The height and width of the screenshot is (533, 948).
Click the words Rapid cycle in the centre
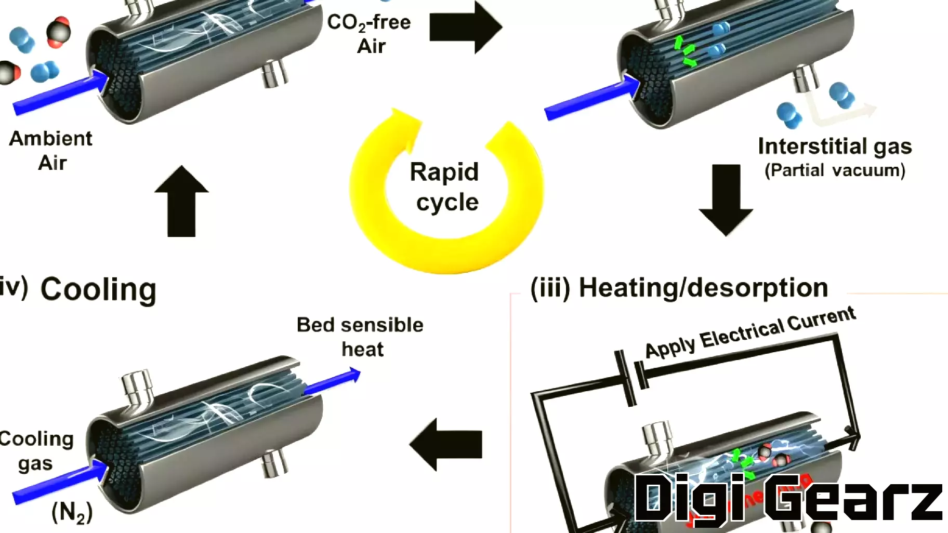[445, 187]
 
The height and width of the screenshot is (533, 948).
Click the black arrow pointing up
[181, 201]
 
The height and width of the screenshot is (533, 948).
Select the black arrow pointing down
[726, 200]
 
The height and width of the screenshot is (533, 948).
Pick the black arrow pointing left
[445, 445]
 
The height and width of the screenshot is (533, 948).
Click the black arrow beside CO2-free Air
[465, 27]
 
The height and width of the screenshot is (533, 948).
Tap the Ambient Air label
[51, 151]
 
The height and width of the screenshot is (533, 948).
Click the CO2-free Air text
[369, 34]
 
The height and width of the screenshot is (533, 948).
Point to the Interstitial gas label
[835, 146]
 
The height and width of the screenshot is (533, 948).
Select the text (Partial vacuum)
[835, 170]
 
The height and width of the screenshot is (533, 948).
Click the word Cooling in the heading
[99, 289]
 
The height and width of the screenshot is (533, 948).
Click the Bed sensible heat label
[360, 337]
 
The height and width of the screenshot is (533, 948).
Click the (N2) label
[72, 512]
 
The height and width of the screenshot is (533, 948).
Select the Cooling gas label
[36, 450]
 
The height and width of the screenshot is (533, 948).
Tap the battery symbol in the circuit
[631, 377]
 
